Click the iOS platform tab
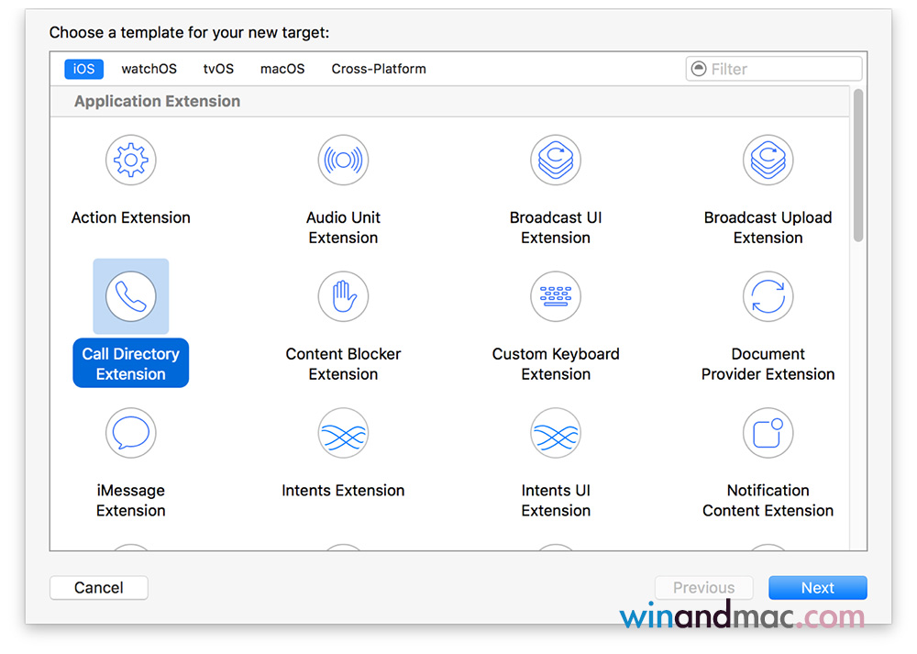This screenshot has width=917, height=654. coord(83,69)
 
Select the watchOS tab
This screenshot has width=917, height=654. coord(149,69)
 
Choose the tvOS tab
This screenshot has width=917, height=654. coord(218,69)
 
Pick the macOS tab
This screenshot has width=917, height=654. coord(282,69)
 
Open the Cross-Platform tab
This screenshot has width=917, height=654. coord(379,69)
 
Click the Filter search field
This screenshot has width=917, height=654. coord(774,69)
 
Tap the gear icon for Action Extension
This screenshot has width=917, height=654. coord(131,160)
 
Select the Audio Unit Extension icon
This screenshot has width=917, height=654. coord(343,160)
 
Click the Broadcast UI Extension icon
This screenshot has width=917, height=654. coord(556,160)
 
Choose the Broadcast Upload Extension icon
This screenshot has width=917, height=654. coord(768,160)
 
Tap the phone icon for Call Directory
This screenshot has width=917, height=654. coord(131,296)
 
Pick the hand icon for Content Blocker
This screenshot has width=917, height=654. coord(343,296)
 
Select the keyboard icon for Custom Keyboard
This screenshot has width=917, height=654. coord(556,296)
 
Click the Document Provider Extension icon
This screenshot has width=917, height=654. coord(768,296)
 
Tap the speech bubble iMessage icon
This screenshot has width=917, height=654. coord(131,433)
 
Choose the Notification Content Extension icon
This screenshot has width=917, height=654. coord(768,433)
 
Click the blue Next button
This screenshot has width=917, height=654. coord(818,587)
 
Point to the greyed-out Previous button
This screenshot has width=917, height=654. coord(703,587)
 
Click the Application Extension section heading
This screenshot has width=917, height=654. coord(158,101)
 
